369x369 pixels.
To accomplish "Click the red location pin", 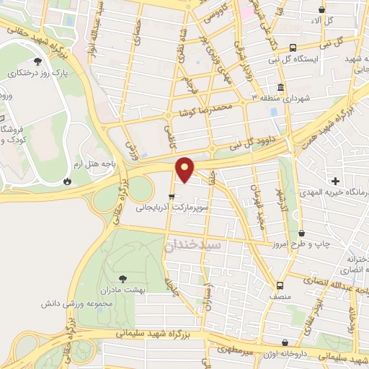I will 186,168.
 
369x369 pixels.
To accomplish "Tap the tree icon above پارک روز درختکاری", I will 37,62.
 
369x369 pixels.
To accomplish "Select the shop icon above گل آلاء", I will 322,10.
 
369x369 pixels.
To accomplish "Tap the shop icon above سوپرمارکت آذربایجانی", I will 171,196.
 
